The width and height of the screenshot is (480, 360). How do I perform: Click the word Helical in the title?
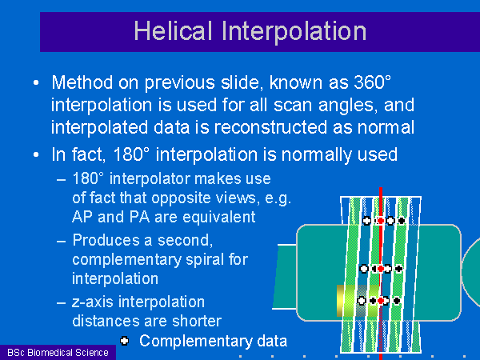click(173, 30)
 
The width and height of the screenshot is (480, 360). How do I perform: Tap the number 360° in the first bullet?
click(373, 82)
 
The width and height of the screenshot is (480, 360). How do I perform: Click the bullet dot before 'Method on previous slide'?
click(36, 82)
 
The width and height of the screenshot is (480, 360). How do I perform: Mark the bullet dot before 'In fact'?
click(36, 154)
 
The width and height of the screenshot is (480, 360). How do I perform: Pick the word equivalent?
click(220, 217)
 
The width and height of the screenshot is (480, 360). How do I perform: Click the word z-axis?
click(93, 302)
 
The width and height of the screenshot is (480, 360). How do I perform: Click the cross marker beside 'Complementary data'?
click(124, 341)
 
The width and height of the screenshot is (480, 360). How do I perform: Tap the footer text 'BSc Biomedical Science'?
click(58, 353)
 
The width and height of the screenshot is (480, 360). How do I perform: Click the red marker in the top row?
click(381, 221)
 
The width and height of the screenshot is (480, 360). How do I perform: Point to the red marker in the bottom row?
click(381, 301)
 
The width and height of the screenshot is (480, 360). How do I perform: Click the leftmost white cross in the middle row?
click(364, 269)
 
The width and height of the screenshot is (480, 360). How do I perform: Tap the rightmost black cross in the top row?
click(402, 221)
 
